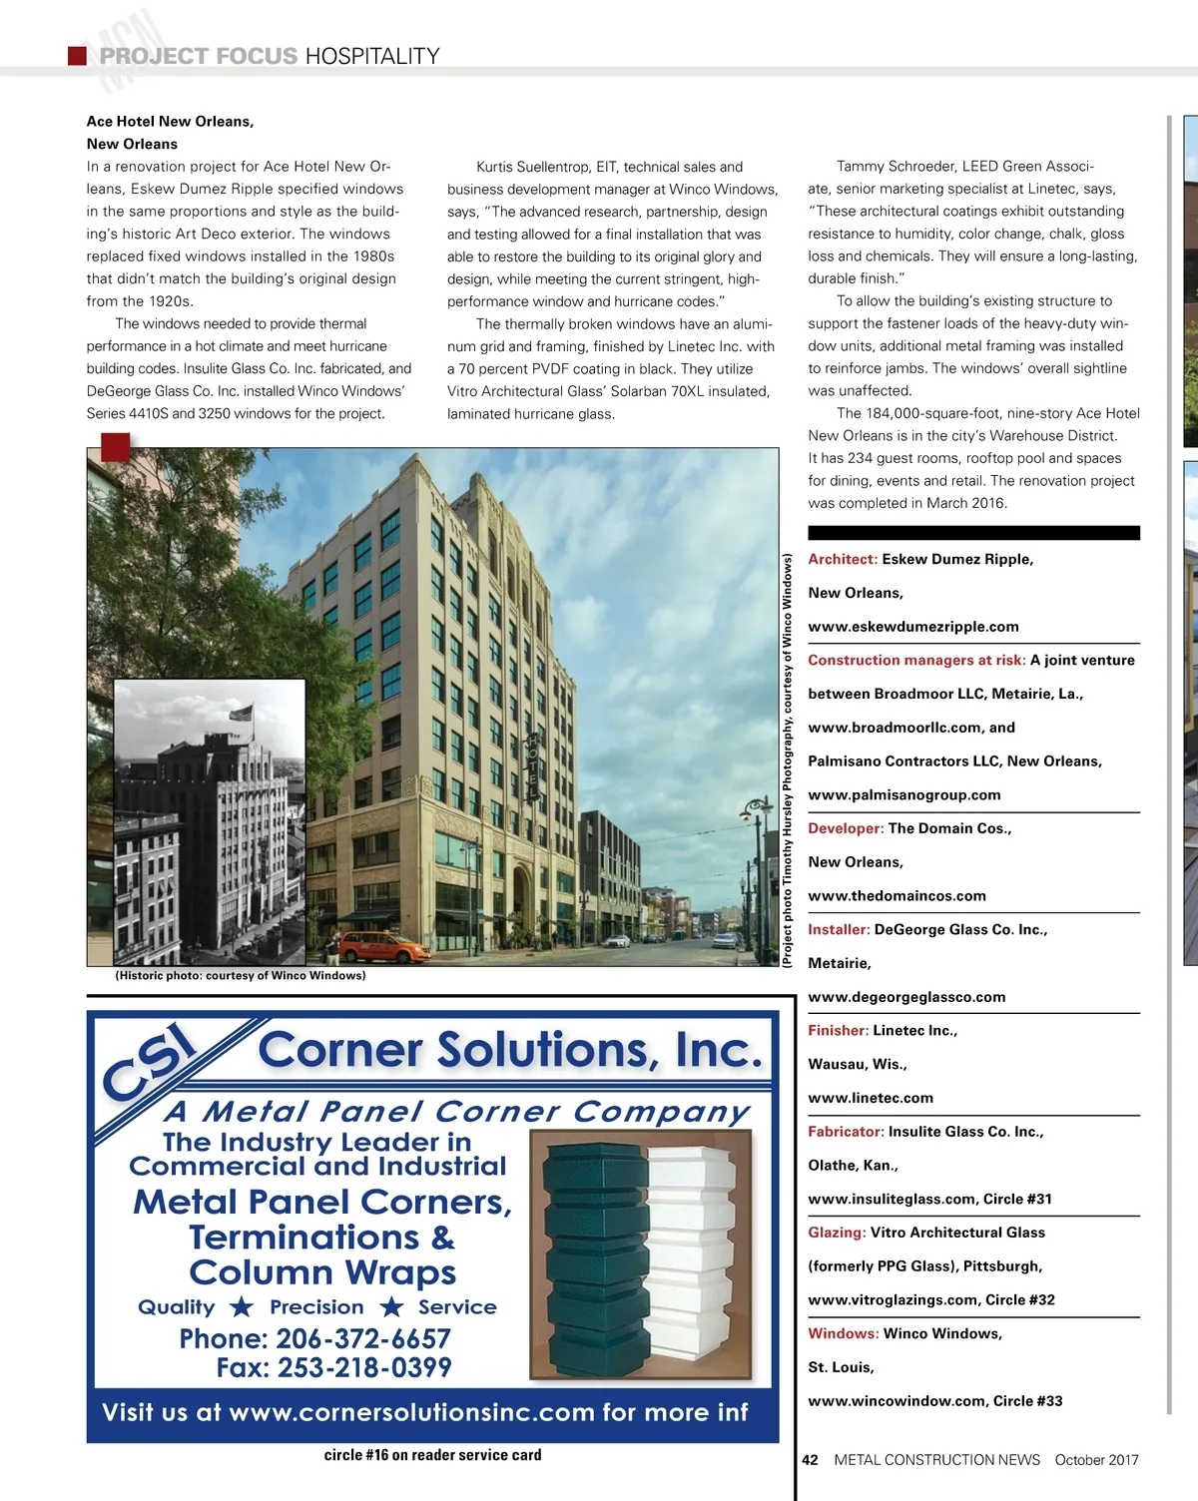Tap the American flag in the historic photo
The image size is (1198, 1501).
click(242, 713)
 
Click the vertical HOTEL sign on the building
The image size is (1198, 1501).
click(533, 766)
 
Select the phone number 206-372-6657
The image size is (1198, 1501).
click(314, 1338)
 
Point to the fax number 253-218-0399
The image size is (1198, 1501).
click(333, 1367)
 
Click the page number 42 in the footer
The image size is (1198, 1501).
click(810, 1460)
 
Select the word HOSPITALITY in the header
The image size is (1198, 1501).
click(372, 56)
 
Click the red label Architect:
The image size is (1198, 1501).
click(843, 559)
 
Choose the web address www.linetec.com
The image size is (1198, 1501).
click(871, 1098)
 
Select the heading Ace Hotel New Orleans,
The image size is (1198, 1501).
click(170, 122)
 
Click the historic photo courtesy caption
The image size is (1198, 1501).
click(241, 976)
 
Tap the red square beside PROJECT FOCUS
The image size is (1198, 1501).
click(77, 56)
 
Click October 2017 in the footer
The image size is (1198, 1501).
click(1096, 1460)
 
